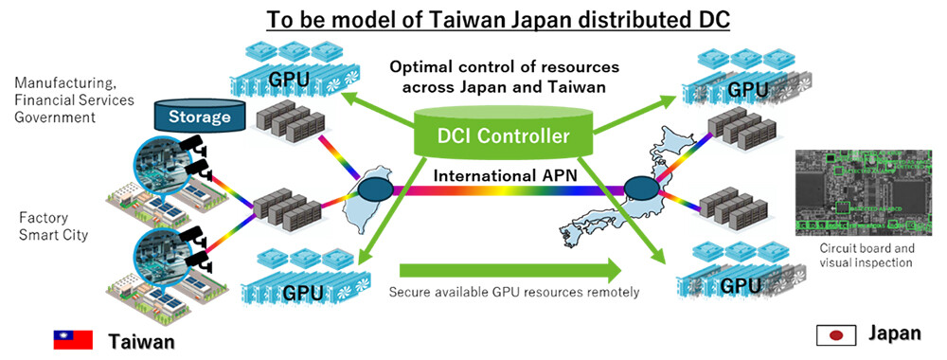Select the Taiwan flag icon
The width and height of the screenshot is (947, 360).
point(72,339)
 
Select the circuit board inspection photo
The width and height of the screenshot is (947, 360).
point(865,190)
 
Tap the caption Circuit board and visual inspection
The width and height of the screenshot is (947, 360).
point(865,255)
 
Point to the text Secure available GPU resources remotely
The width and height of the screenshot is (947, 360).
point(513,292)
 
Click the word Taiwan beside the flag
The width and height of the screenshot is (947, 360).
point(141,340)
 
